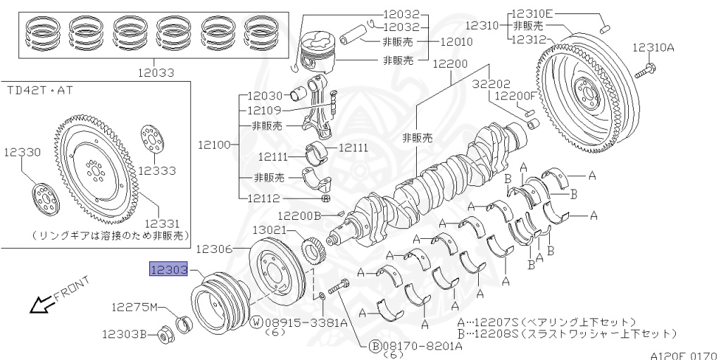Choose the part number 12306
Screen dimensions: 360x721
pos(214,248)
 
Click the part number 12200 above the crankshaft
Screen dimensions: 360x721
pos(450,63)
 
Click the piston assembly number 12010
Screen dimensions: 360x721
pos(456,42)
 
